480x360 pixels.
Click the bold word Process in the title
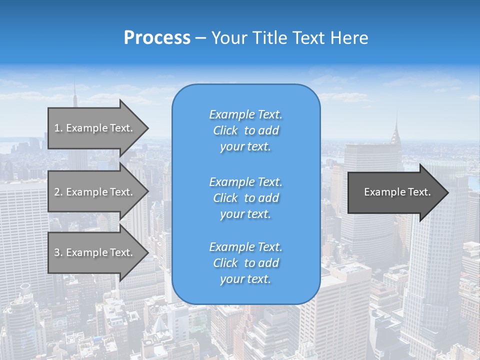click(x=157, y=38)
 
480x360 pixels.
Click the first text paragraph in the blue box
click(x=245, y=130)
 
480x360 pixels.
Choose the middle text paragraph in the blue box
click(x=245, y=198)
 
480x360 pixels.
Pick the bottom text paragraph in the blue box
click(x=245, y=263)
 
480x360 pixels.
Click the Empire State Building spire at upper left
click(x=75, y=95)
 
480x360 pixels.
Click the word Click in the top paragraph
click(x=225, y=130)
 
